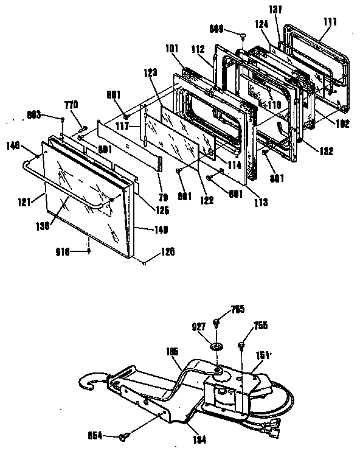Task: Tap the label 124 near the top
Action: [x=262, y=25]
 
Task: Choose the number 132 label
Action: [x=325, y=152]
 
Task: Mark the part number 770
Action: [x=71, y=105]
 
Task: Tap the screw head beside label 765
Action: [x=217, y=322]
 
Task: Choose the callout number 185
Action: [x=173, y=352]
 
